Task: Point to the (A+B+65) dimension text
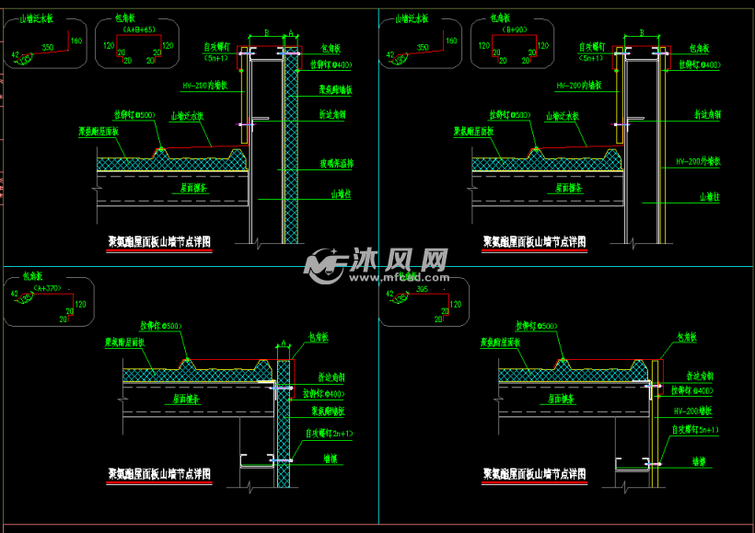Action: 137,29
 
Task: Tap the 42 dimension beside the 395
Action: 390,295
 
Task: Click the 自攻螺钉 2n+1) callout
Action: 330,432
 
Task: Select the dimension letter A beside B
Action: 290,33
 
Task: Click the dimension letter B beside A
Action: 266,33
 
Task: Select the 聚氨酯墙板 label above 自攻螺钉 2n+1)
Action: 328,411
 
